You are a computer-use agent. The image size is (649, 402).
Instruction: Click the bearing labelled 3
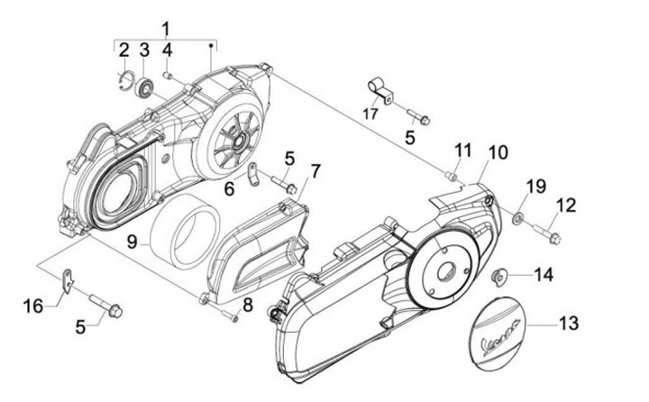coord(144,87)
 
